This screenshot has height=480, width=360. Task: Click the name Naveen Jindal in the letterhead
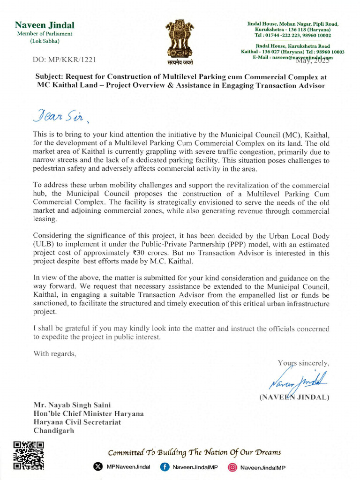pyautogui.click(x=45, y=25)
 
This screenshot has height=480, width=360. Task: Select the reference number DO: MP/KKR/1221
pyautogui.click(x=64, y=60)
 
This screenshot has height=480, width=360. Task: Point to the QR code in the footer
pyautogui.click(x=28, y=455)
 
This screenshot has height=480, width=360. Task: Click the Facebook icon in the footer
pyautogui.click(x=165, y=467)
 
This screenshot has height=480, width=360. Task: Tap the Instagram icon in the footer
pyautogui.click(x=232, y=467)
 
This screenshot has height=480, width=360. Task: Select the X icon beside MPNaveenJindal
pyautogui.click(x=98, y=467)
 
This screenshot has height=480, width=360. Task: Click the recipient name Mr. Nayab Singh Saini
pyautogui.click(x=72, y=405)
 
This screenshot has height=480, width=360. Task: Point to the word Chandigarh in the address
pyautogui.click(x=53, y=431)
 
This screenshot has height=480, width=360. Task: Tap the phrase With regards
pyautogui.click(x=54, y=354)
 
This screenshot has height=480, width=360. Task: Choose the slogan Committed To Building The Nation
pyautogui.click(x=195, y=452)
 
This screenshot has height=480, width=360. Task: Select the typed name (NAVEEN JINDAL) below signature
pyautogui.click(x=294, y=397)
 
